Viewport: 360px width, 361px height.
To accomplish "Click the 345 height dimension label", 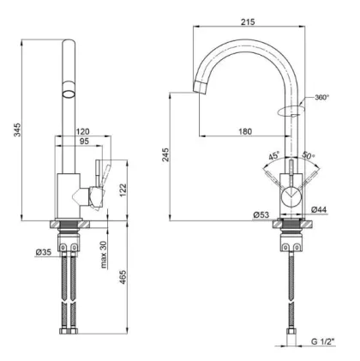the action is click(18, 129).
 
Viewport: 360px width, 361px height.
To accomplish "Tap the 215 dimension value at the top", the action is click(248, 21).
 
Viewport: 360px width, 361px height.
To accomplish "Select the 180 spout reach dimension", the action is click(245, 131).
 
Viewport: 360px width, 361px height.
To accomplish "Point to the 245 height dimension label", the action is click(165, 154).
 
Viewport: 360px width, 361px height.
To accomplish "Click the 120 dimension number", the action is click(83, 131).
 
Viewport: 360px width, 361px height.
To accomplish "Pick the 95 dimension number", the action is click(84, 141).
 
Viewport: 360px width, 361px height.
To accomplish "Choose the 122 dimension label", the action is click(123, 190).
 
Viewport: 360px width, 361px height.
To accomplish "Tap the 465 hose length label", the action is click(123, 277).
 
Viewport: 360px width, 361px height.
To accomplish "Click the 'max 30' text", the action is click(104, 255).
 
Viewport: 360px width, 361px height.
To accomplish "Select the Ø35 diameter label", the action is click(44, 252).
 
